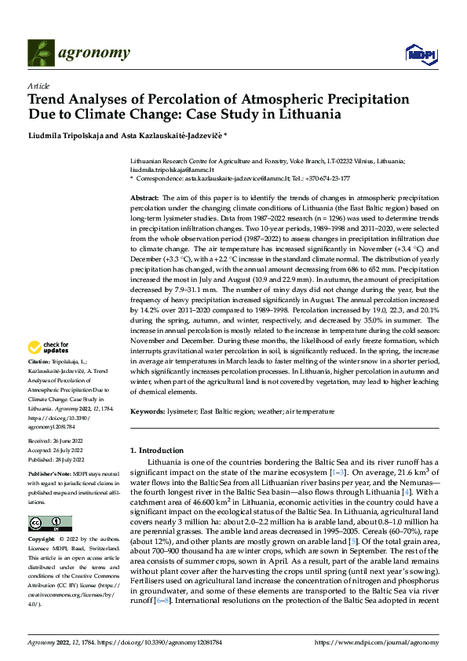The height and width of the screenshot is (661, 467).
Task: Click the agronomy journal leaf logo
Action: coord(42,53)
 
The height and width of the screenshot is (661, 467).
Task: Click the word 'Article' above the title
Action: coord(38,86)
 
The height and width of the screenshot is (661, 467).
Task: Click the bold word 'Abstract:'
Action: coord(144,199)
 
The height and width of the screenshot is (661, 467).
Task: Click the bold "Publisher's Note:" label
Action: coord(49,475)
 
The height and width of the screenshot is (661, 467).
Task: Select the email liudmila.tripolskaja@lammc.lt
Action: coord(172,169)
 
